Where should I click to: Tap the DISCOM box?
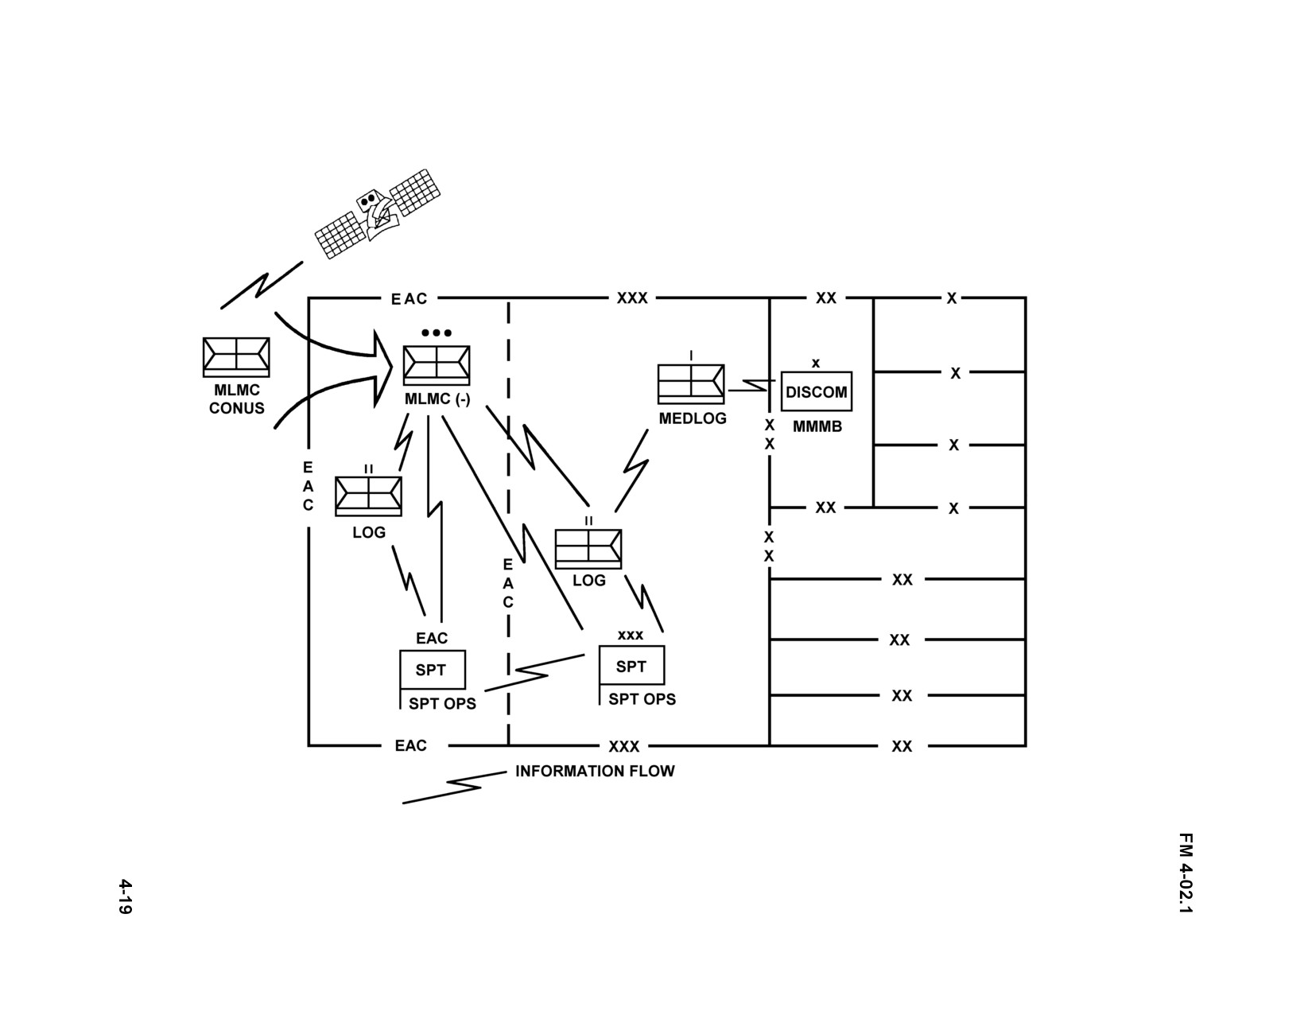pyautogui.click(x=817, y=391)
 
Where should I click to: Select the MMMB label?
pyautogui.click(x=817, y=426)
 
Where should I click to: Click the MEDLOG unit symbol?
pyautogui.click(x=691, y=383)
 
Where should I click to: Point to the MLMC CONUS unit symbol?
pyautogui.click(x=236, y=357)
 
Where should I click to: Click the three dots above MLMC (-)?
pyautogui.click(x=437, y=333)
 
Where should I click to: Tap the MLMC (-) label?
pyautogui.click(x=437, y=399)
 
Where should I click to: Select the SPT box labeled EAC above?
pyautogui.click(x=433, y=669)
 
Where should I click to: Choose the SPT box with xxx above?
pyautogui.click(x=631, y=665)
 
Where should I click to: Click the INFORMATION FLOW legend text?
pyautogui.click(x=595, y=771)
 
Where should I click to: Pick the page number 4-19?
pyautogui.click(x=125, y=897)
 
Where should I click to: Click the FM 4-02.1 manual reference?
pyautogui.click(x=1186, y=873)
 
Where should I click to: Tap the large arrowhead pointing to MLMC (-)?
pyautogui.click(x=382, y=368)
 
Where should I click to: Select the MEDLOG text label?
pyautogui.click(x=693, y=418)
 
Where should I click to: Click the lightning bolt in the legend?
pyautogui.click(x=455, y=787)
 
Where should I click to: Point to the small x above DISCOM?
pyautogui.click(x=816, y=363)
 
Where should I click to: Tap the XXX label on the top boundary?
pyautogui.click(x=632, y=298)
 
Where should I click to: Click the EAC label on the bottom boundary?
pyautogui.click(x=410, y=745)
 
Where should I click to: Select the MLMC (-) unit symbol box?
pyautogui.click(x=437, y=365)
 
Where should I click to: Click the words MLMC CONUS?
pyautogui.click(x=237, y=399)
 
